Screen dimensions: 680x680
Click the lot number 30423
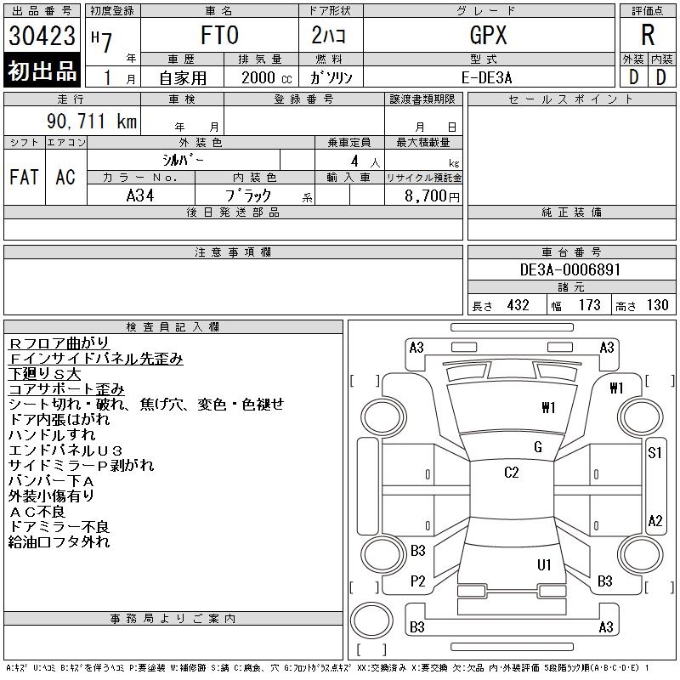click(x=42, y=36)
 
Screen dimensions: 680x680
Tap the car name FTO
click(x=219, y=35)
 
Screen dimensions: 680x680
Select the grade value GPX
click(x=488, y=35)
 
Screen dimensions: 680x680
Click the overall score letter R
click(x=648, y=35)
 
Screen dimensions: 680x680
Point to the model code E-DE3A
click(x=486, y=77)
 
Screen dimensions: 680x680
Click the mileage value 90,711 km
click(x=92, y=121)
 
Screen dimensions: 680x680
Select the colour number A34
click(x=140, y=195)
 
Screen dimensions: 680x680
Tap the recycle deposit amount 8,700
click(x=426, y=195)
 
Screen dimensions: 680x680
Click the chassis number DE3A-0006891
click(x=570, y=269)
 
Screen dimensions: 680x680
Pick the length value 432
click(x=518, y=305)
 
